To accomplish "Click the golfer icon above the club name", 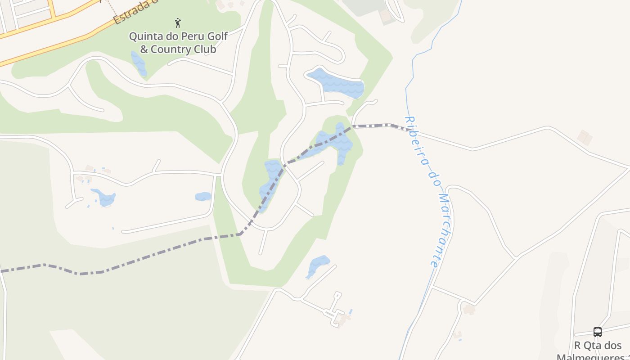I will pos(178,22).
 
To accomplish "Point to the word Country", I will pos(173,49).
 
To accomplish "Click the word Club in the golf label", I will pos(206,49).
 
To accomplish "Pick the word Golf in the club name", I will pos(218,36).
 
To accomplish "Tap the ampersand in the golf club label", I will pos(144,49).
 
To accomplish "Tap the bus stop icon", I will pos(597,332).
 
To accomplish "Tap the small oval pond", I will pos(203,196).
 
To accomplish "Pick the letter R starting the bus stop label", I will pos(578,346).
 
